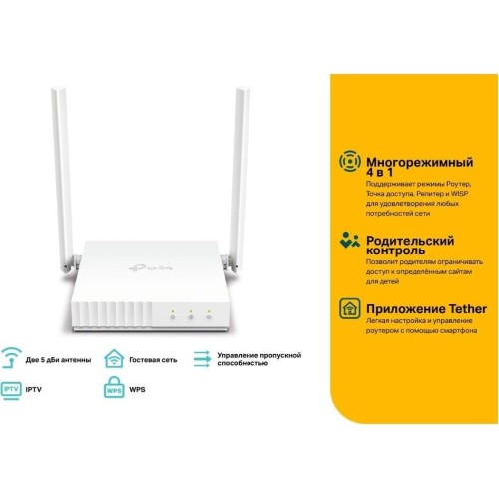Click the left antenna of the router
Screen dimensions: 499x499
(63, 180)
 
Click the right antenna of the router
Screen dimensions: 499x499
(239, 180)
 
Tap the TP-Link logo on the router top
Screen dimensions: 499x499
(151, 267)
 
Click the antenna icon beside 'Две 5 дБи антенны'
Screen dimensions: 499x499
(11, 358)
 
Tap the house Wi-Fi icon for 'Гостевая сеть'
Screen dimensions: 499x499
(114, 358)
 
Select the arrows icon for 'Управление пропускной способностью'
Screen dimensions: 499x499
(202, 359)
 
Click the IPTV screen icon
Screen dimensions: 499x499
(11, 390)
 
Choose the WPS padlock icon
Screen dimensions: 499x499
(114, 387)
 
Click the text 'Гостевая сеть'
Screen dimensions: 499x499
(153, 360)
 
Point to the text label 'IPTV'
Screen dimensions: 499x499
(34, 389)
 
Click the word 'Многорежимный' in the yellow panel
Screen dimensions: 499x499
(419, 162)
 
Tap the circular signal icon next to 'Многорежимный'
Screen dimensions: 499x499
(350, 161)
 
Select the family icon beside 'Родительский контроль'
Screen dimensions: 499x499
(350, 240)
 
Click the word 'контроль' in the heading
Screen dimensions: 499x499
(395, 250)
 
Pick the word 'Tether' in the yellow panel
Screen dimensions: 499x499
(468, 308)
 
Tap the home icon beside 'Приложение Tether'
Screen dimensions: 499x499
(350, 308)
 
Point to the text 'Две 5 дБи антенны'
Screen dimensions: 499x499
(58, 360)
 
